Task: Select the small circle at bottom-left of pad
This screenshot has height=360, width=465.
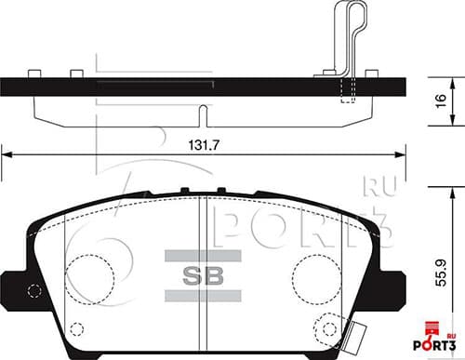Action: tap(77, 329)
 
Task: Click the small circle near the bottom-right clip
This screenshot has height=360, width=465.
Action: tap(330, 327)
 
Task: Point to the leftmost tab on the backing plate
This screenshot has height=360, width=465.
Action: tap(33, 73)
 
